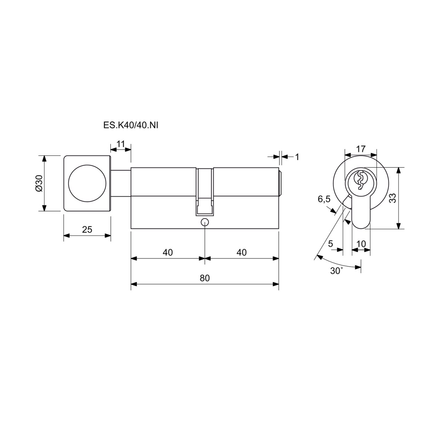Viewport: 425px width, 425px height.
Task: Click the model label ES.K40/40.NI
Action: point(131,125)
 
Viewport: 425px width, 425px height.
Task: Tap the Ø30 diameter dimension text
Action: point(39,183)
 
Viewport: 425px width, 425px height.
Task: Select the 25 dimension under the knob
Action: point(87,229)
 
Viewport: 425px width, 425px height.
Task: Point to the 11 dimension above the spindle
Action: point(120,144)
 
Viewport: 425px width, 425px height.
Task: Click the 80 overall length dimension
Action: point(205,278)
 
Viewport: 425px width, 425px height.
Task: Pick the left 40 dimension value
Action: point(168,252)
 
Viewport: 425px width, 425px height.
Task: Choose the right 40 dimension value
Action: point(242,252)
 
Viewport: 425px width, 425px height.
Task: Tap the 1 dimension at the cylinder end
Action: point(297,157)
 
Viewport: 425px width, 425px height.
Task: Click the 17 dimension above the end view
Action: point(361,149)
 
